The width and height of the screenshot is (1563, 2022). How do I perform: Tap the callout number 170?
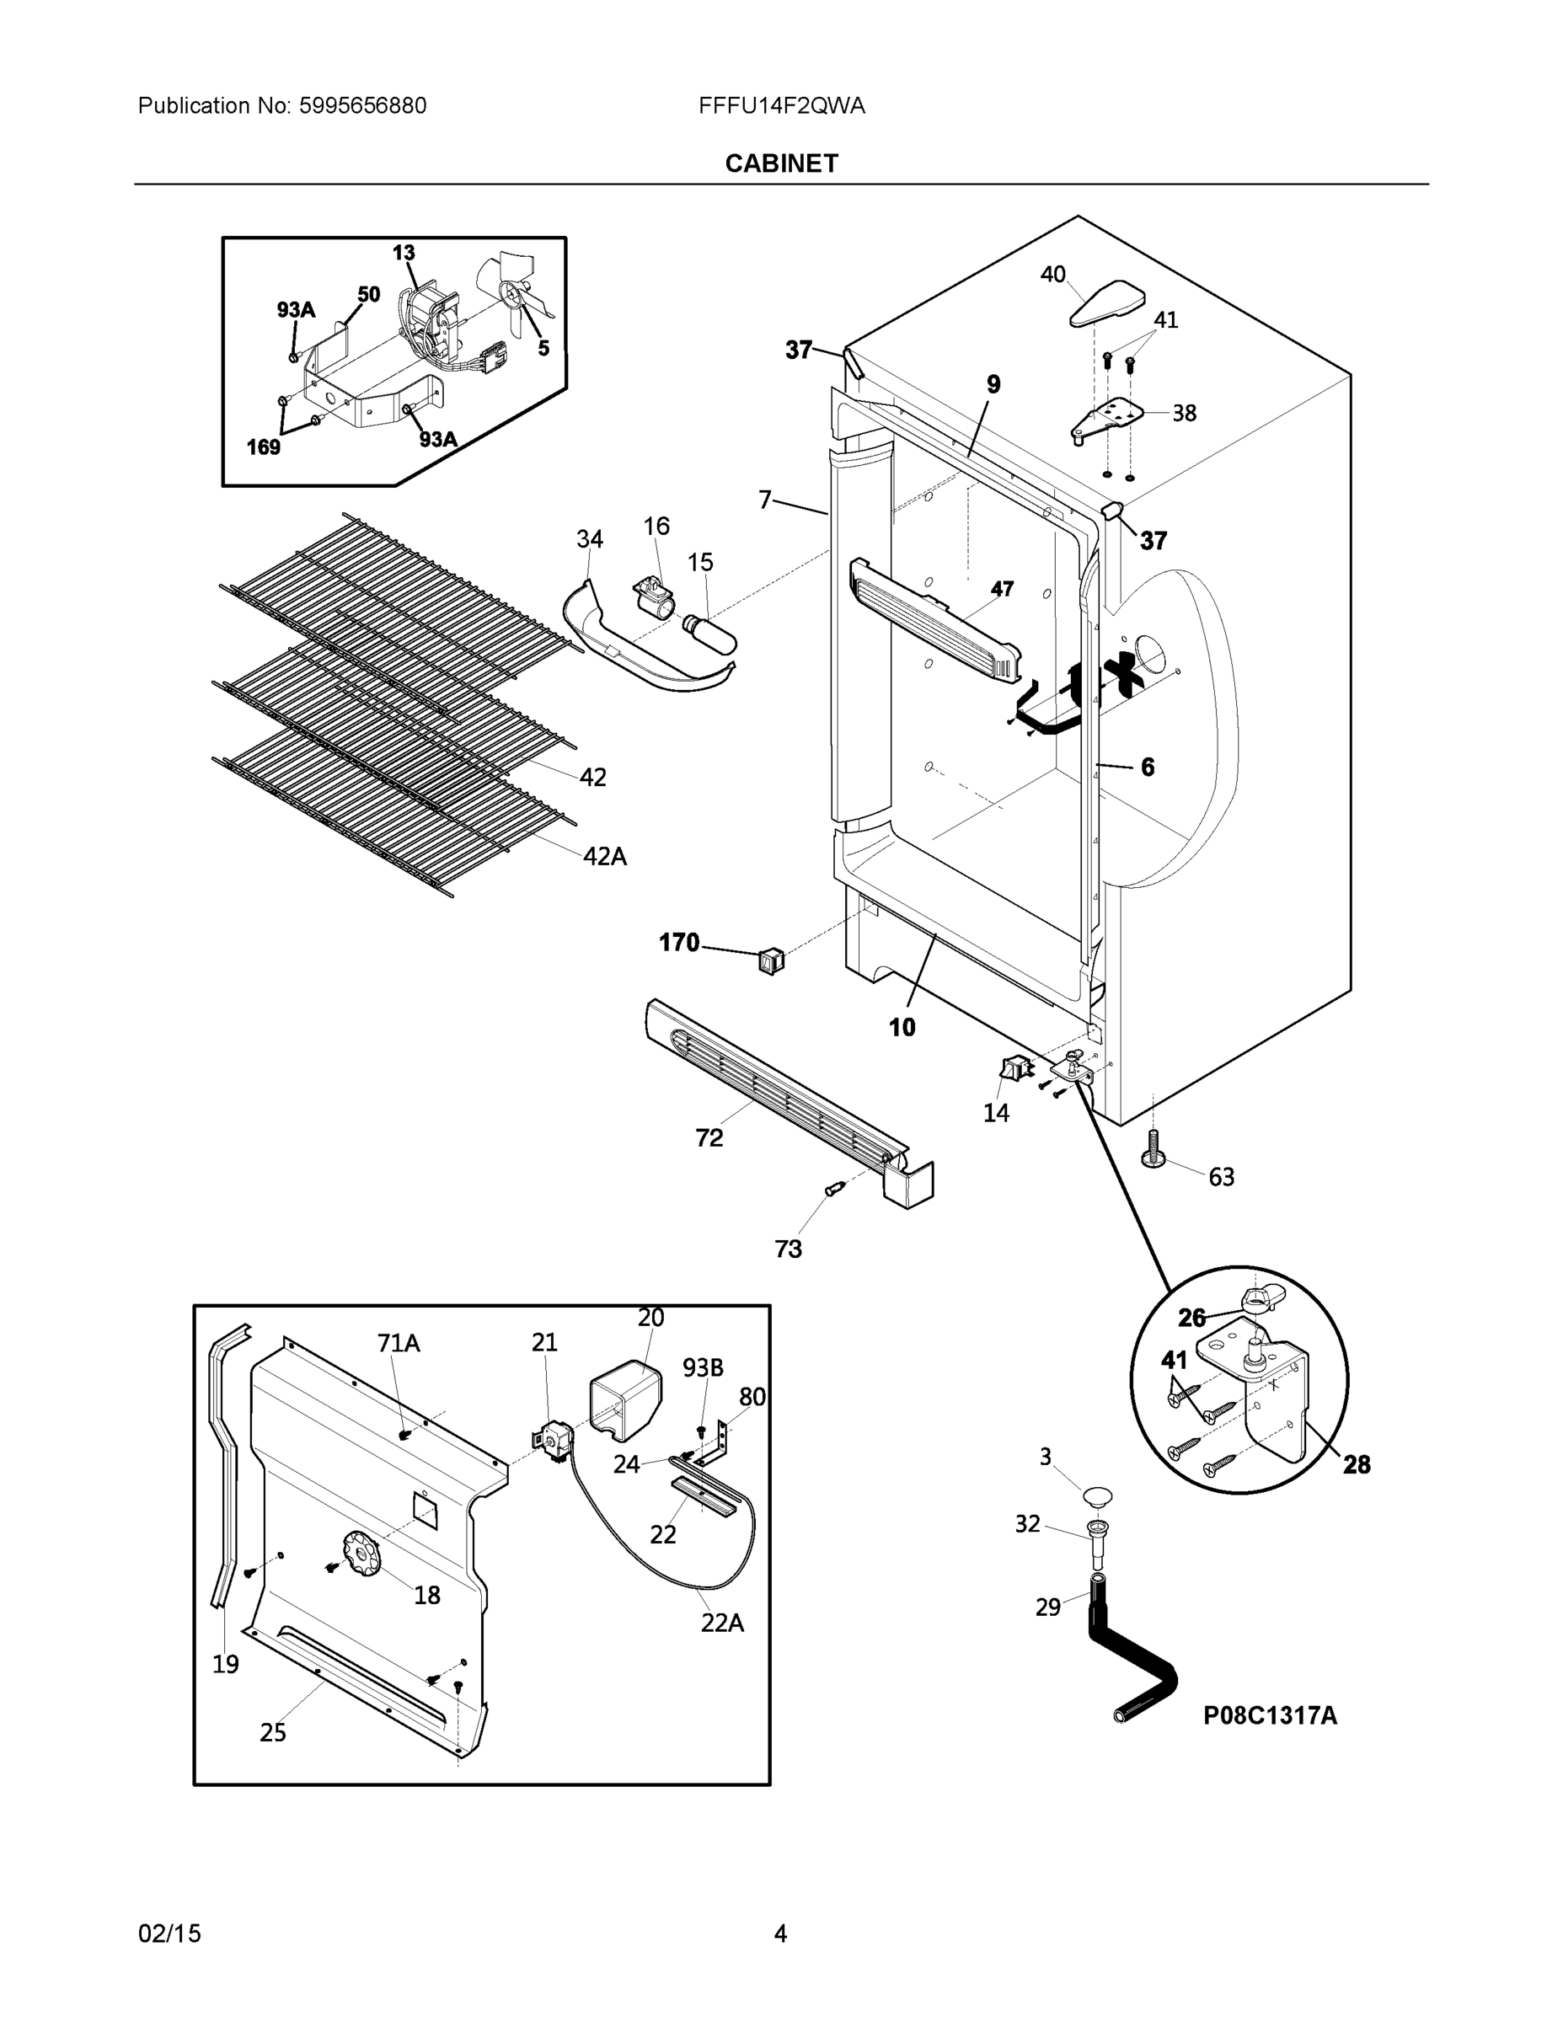(x=679, y=943)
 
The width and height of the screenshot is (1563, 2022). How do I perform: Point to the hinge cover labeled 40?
(x=1106, y=305)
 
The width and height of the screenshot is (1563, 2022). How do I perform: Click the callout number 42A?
(x=605, y=856)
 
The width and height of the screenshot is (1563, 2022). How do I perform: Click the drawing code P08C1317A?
(x=1270, y=1715)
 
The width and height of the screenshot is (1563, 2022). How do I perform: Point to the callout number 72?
(x=709, y=1138)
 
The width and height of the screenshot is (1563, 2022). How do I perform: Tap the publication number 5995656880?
(x=362, y=105)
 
